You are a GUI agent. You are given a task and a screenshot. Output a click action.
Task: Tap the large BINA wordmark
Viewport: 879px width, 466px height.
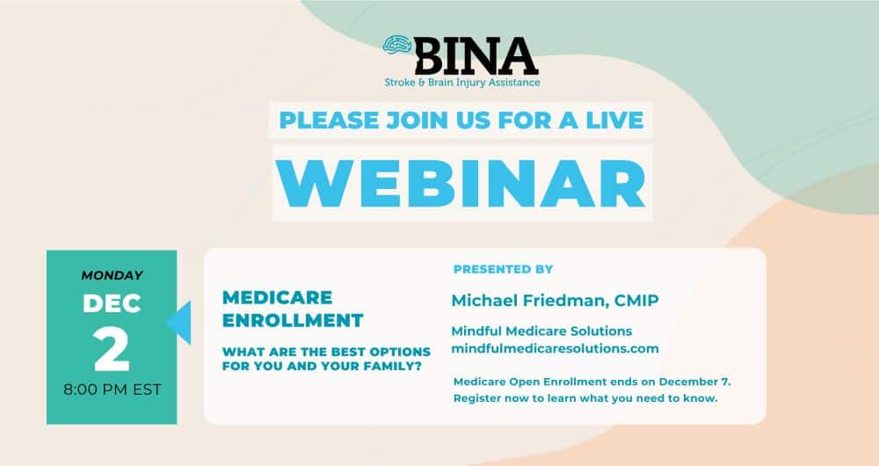(x=476, y=56)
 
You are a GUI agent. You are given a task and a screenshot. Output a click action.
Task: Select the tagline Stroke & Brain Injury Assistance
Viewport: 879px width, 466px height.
(x=462, y=83)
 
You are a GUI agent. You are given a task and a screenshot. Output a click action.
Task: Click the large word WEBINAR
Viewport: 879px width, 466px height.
(x=462, y=183)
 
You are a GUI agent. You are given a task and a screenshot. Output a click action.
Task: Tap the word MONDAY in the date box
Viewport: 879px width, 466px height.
(x=113, y=275)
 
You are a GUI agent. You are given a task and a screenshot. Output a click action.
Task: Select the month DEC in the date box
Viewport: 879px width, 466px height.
(x=112, y=303)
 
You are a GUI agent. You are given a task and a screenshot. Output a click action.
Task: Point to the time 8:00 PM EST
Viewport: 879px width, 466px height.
(x=113, y=390)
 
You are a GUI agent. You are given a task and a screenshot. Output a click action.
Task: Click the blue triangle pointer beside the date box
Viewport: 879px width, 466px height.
(x=178, y=323)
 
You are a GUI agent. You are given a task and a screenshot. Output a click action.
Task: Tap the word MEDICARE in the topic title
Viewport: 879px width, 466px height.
(x=278, y=297)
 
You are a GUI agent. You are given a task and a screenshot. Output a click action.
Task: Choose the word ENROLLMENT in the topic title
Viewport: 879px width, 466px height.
(x=293, y=320)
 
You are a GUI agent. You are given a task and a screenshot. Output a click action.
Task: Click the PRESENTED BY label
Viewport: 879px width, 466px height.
(x=503, y=269)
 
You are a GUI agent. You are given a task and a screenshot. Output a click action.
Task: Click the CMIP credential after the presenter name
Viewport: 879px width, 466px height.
(x=636, y=301)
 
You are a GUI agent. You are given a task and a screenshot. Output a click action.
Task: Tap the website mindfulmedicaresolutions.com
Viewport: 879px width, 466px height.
(x=555, y=348)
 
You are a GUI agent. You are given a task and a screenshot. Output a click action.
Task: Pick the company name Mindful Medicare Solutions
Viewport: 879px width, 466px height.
(x=541, y=331)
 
